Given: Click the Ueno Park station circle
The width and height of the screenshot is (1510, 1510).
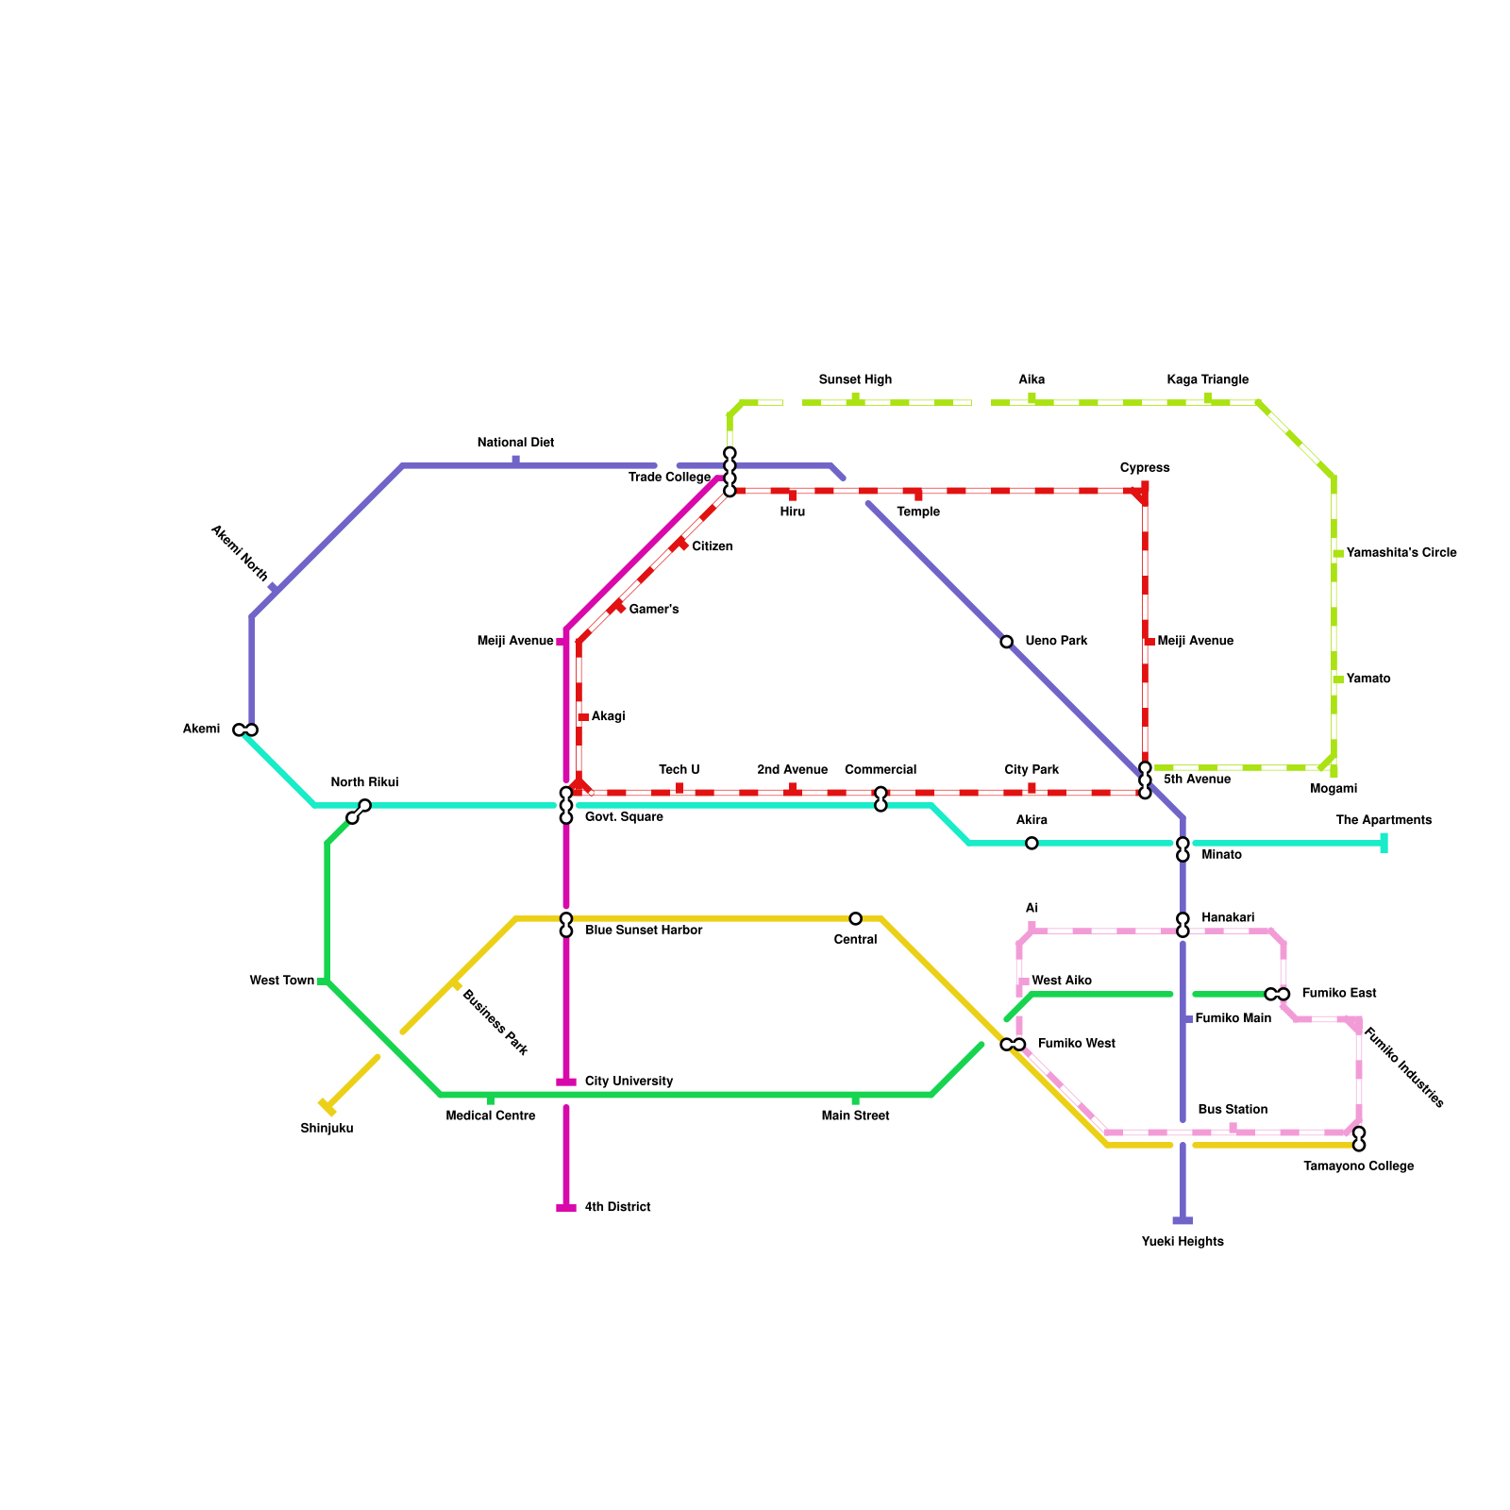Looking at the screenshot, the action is coord(1006,642).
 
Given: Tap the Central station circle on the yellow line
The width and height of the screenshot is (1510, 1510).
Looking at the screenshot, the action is coord(855,918).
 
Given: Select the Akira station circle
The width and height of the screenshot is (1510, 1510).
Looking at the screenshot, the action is coord(1032,843).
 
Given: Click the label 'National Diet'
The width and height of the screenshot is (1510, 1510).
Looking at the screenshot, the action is coord(515,443).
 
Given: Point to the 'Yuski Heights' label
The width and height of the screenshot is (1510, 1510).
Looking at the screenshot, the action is coord(1183,1242).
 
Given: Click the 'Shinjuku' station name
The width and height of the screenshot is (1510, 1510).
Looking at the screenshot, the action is coord(327,1129).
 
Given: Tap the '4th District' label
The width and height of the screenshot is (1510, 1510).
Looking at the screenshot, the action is coord(617,1207).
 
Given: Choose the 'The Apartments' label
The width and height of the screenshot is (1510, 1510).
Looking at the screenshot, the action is coord(1384,820).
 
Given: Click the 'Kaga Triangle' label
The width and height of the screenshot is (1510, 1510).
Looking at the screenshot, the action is coord(1207,380).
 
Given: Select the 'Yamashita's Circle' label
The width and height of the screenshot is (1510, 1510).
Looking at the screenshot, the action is coord(1401,553).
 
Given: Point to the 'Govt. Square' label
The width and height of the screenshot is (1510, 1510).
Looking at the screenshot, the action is coord(624,817).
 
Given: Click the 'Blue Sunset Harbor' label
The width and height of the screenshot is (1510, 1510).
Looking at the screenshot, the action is coord(644,931).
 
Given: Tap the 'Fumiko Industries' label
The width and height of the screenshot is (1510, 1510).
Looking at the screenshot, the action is coord(1404,1067).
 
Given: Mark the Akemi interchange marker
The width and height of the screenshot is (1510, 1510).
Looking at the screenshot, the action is coord(245,730).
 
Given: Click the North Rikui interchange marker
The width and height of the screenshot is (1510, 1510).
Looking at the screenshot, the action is coord(359,812).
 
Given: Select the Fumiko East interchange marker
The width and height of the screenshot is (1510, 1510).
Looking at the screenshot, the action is coord(1277,994).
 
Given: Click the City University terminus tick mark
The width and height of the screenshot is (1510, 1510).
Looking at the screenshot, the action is coord(566,1082).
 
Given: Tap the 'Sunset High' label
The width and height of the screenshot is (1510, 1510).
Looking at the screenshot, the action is coord(855,380).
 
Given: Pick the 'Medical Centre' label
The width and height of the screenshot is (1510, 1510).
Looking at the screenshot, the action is coord(491,1116).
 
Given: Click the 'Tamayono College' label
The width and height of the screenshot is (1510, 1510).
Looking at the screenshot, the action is coord(1358,1166).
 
